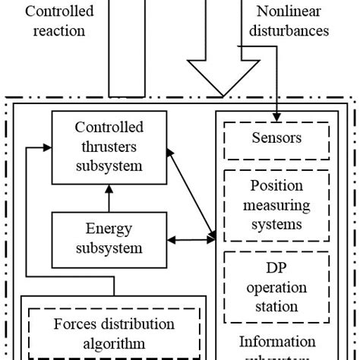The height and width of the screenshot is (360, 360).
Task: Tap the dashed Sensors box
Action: click(276, 138)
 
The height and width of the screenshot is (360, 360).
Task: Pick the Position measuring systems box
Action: click(276, 205)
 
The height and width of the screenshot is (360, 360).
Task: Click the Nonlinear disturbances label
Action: click(292, 21)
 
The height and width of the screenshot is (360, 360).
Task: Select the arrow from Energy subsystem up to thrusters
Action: click(108, 199)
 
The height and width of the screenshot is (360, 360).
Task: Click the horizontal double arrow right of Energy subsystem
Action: click(190, 241)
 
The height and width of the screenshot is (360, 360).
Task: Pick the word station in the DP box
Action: click(276, 306)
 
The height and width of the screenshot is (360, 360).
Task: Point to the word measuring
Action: click(276, 205)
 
